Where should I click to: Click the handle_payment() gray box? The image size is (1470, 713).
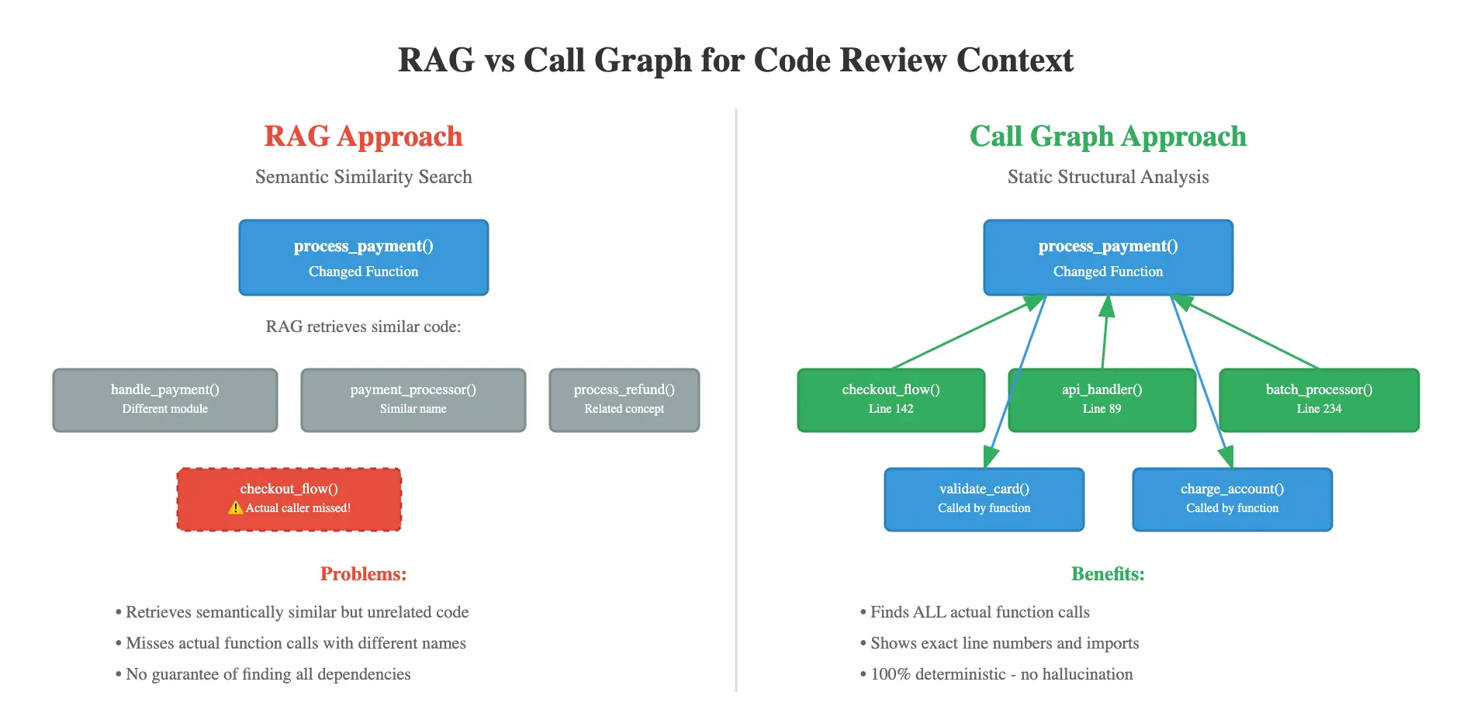(164, 400)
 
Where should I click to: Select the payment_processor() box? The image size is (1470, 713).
(413, 400)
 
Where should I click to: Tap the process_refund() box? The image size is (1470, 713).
(624, 400)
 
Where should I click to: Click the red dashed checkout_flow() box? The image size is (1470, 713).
(289, 499)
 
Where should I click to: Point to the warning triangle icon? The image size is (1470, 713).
(236, 507)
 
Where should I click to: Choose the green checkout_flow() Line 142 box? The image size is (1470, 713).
(891, 400)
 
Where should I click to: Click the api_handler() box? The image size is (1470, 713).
(1102, 400)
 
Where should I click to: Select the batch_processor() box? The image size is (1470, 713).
(1319, 400)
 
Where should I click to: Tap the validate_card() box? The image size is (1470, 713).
(984, 499)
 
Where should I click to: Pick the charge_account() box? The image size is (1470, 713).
(1232, 499)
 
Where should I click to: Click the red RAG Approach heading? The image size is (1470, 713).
(363, 137)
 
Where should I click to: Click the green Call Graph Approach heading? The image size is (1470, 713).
(1108, 137)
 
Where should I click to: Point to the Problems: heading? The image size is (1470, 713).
(363, 574)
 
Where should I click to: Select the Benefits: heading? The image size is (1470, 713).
(1108, 574)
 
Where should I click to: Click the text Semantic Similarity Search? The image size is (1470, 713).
(363, 177)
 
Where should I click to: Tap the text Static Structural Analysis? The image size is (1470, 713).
(1108, 177)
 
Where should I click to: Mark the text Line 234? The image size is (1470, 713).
(1319, 409)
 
